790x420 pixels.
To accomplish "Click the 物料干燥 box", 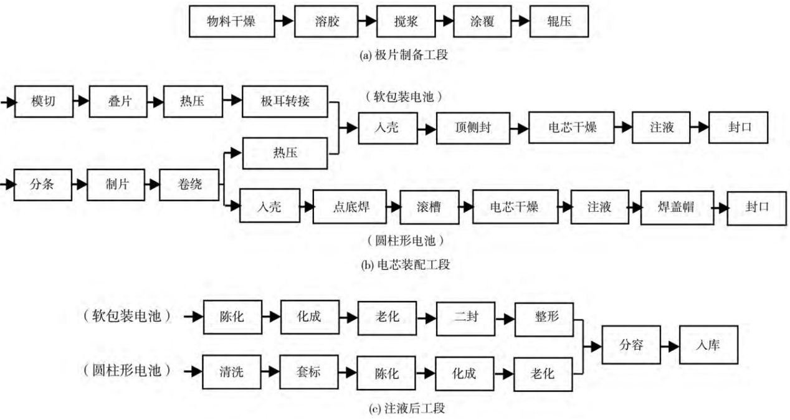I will click(x=231, y=21).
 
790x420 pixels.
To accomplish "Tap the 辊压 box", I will click(x=559, y=21).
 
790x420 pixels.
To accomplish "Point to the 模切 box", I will click(x=43, y=100).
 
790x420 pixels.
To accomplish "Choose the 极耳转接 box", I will click(x=284, y=100).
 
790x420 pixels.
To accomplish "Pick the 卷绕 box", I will click(x=190, y=184).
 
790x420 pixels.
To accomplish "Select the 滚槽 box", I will click(x=429, y=207).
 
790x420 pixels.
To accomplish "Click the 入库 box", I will click(x=708, y=344).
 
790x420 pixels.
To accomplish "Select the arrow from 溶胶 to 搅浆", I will click(x=368, y=21).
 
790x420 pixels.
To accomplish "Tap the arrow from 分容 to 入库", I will click(x=670, y=344).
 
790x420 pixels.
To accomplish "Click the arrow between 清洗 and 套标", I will click(x=271, y=373).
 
